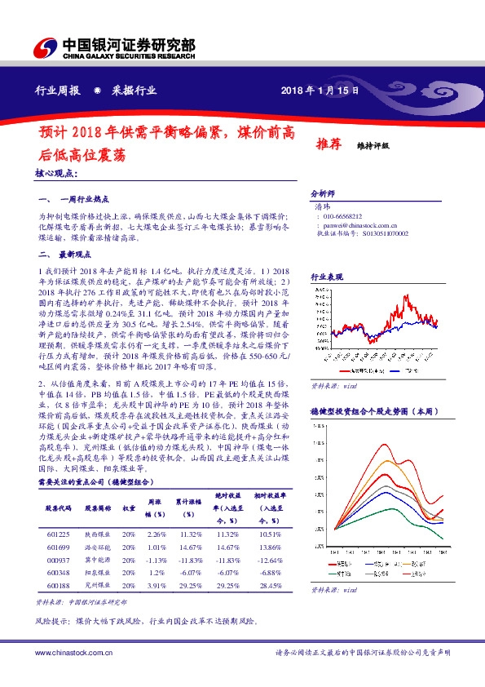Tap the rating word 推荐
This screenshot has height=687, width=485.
328,144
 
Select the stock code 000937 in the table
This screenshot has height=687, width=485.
57,560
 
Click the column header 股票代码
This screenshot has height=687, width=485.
57,507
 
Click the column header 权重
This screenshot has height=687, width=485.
129,507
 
